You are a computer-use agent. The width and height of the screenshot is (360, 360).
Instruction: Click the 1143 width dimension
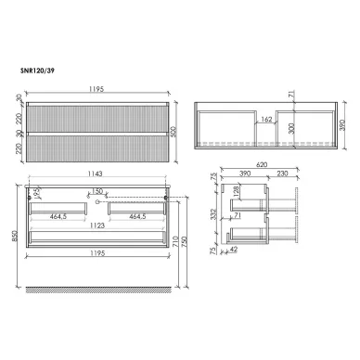point(99,175)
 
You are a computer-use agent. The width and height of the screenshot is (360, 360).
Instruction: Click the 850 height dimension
point(9,236)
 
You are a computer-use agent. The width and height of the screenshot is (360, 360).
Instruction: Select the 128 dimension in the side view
point(238,193)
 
